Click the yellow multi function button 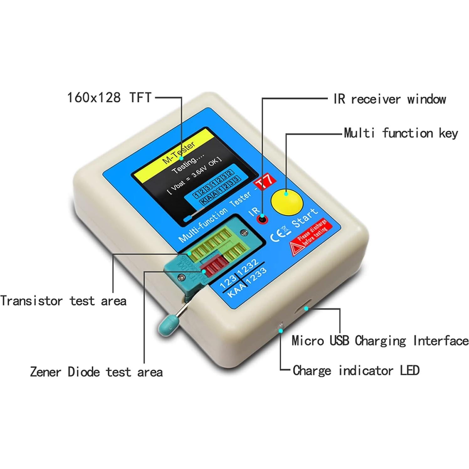pyautogui.click(x=287, y=202)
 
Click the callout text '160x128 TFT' pyautogui.click(x=109, y=97)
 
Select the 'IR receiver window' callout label pyautogui.click(x=389, y=99)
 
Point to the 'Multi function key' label pyautogui.click(x=401, y=133)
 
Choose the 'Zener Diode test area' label pyautogui.click(x=96, y=372)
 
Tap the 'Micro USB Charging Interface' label pyautogui.click(x=380, y=341)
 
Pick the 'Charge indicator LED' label pyautogui.click(x=356, y=371)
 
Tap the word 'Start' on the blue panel pyautogui.click(x=304, y=217)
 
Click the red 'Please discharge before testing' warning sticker pyautogui.click(x=309, y=237)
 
